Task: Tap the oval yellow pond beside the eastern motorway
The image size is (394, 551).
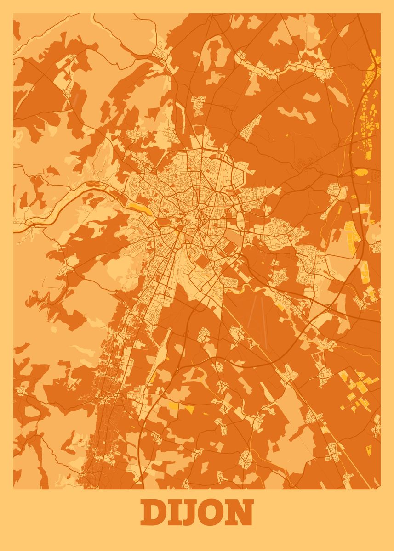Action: pos(360,173)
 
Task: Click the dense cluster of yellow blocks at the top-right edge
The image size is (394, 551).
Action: pos(370,110)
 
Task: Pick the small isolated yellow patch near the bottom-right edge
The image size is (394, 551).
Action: pos(368,450)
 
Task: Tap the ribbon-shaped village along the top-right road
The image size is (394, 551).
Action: pos(285,69)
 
